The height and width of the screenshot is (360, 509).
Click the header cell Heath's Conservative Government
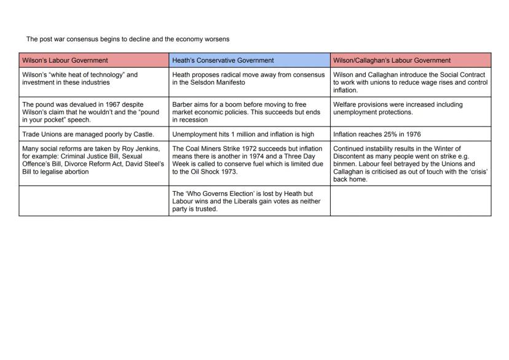coord(249,60)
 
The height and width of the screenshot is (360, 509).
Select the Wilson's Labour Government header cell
coord(93,60)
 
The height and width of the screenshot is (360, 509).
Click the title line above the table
coord(128,39)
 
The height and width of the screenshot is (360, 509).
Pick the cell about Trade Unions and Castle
coord(93,134)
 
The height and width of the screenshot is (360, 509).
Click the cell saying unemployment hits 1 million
coord(249,134)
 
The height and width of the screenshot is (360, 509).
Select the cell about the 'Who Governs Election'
coord(249,201)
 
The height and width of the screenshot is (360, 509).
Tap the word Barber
coord(182,104)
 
